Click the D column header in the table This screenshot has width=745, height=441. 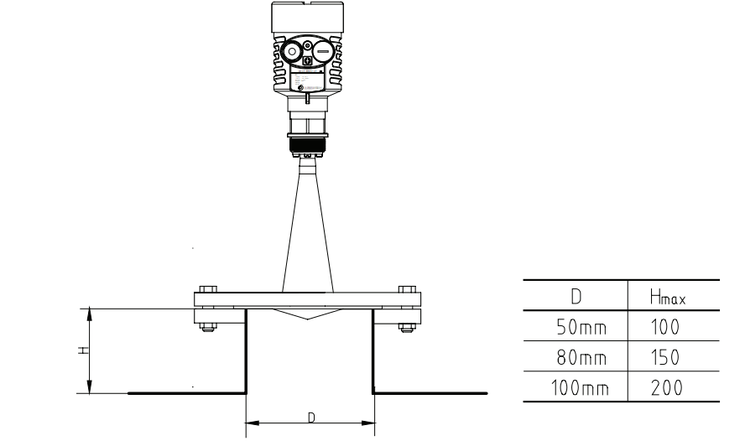tap(575, 296)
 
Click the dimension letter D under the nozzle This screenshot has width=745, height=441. tap(310, 417)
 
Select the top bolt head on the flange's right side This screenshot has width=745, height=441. tap(407, 287)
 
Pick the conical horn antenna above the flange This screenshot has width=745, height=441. tap(308, 226)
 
